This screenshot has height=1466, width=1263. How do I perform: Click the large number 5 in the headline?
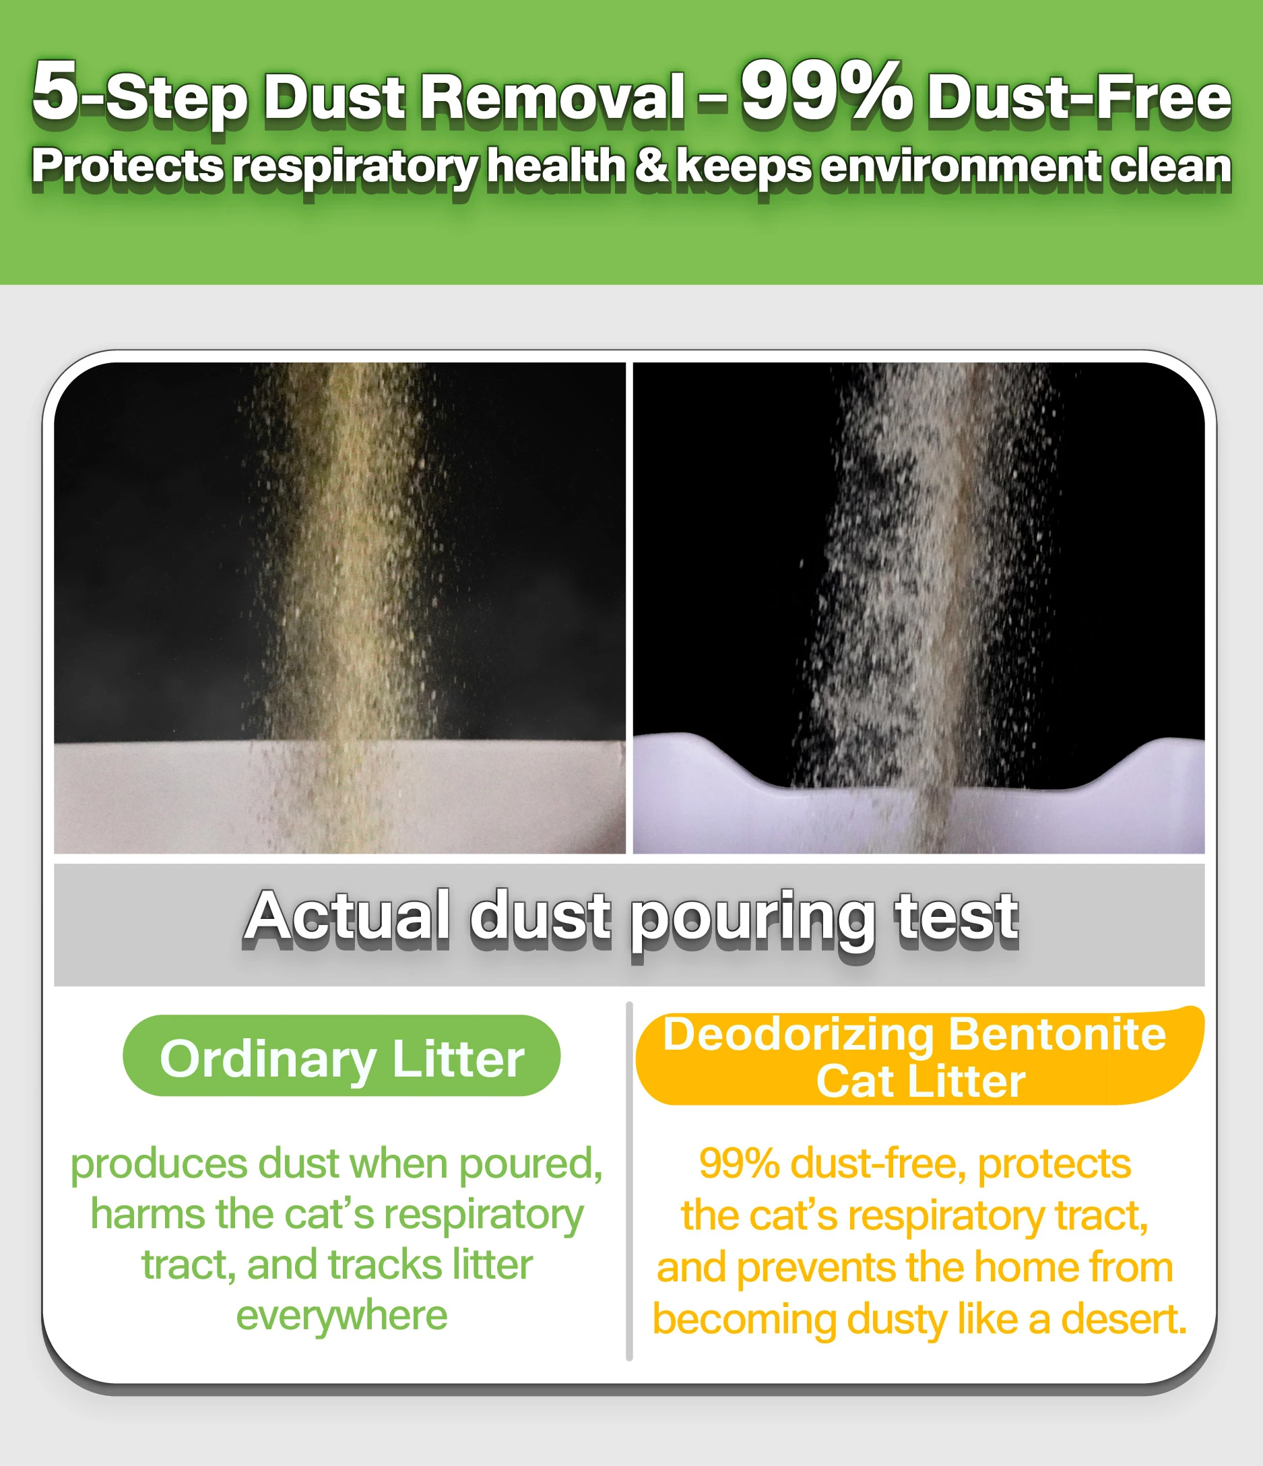(x=55, y=90)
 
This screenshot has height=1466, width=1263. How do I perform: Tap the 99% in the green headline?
(x=827, y=90)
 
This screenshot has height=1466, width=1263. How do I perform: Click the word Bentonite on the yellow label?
(x=1057, y=1034)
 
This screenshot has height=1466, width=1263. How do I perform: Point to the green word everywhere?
(x=342, y=1316)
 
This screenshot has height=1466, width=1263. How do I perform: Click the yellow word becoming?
(x=744, y=1321)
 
